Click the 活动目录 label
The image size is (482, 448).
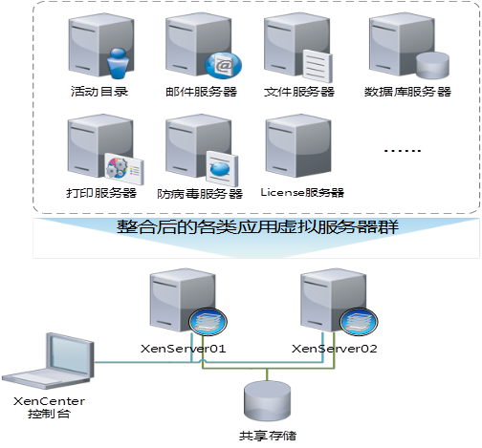(99, 92)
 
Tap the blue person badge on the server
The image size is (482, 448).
(118, 63)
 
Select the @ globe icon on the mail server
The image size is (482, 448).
(223, 66)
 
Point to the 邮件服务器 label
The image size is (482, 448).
(201, 92)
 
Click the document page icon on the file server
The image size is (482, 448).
(318, 66)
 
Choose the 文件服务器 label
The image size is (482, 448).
(299, 92)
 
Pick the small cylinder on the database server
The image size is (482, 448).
(432, 65)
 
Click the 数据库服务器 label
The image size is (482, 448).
(407, 92)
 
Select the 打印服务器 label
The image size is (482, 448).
(101, 193)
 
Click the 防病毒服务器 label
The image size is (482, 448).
(200, 194)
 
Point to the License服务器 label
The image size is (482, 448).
(302, 192)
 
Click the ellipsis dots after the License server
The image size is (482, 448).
(403, 150)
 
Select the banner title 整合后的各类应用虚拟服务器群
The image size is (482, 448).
(257, 227)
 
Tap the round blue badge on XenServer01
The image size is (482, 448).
(208, 322)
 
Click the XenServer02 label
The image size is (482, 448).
(335, 349)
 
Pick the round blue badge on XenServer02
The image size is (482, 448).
(359, 322)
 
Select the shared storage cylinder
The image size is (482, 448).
(267, 401)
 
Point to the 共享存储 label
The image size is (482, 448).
(268, 436)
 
